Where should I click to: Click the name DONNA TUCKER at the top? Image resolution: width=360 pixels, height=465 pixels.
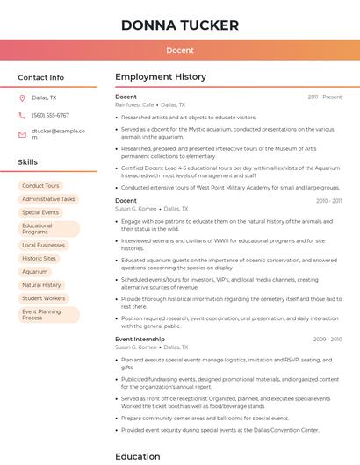pyautogui.click(x=179, y=25)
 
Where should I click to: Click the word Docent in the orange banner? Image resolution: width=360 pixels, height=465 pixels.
pyautogui.click(x=179, y=51)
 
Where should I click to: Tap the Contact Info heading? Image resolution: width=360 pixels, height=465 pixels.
pyautogui.click(x=40, y=77)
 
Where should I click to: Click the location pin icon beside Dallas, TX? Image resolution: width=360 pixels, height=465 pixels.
pyautogui.click(x=22, y=97)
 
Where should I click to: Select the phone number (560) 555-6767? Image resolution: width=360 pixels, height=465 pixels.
pyautogui.click(x=50, y=115)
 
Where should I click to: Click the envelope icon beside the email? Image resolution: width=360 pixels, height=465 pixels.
pyautogui.click(x=22, y=134)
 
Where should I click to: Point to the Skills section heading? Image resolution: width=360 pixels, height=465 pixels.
pyautogui.click(x=28, y=162)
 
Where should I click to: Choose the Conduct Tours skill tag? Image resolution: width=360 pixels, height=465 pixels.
pyautogui.click(x=40, y=186)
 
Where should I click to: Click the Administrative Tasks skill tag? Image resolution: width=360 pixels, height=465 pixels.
pyautogui.click(x=48, y=199)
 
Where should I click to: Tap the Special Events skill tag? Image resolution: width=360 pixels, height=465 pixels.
pyautogui.click(x=40, y=212)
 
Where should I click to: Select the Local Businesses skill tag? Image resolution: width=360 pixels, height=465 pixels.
pyautogui.click(x=43, y=246)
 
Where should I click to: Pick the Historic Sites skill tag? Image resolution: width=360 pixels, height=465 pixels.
pyautogui.click(x=39, y=259)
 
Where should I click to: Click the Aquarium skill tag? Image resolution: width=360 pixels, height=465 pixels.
pyautogui.click(x=35, y=272)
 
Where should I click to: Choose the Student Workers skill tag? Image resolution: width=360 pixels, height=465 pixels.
pyautogui.click(x=43, y=298)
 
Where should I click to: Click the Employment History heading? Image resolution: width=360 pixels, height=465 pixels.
pyautogui.click(x=161, y=77)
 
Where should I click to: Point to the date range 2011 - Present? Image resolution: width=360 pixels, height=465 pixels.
pyautogui.click(x=324, y=97)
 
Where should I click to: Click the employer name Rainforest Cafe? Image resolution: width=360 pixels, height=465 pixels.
pyautogui.click(x=134, y=104)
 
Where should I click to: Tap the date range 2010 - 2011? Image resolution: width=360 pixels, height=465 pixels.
pyautogui.click(x=328, y=201)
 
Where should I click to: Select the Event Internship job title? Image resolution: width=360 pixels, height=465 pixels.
pyautogui.click(x=140, y=339)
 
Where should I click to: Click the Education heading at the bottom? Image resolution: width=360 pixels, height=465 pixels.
pyautogui.click(x=138, y=456)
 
